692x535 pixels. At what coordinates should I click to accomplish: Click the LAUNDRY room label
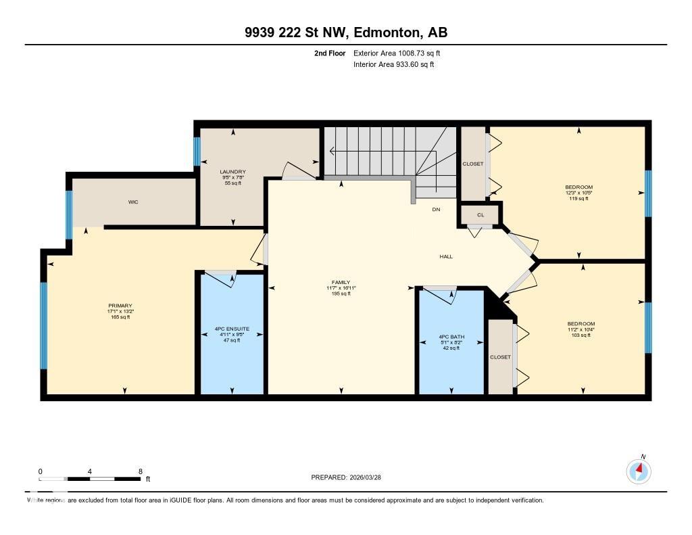pos(232,172)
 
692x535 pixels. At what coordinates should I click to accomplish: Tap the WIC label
pos(133,202)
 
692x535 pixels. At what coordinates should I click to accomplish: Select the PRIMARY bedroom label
pos(120,306)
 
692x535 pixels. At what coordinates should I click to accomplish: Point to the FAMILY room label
pos(341,283)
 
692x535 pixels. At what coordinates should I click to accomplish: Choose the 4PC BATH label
pos(451,337)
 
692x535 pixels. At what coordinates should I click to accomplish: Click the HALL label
pos(446,256)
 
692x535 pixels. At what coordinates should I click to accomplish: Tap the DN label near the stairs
pos(436,210)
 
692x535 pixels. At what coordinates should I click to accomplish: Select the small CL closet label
pos(480,215)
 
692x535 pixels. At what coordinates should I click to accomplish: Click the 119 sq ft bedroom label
pos(578,187)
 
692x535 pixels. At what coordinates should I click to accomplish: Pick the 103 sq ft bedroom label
pos(581,324)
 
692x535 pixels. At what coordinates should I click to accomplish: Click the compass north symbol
pos(639,470)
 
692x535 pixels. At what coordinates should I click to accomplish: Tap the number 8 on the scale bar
pos(140,471)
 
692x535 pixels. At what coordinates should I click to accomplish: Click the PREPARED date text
pos(351,478)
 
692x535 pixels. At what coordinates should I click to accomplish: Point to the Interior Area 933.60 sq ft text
pos(394,65)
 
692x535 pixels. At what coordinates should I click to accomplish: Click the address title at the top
pos(346,32)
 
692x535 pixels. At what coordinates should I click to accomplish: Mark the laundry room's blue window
pos(197,152)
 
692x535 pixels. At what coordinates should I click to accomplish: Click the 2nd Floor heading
pos(330,53)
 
